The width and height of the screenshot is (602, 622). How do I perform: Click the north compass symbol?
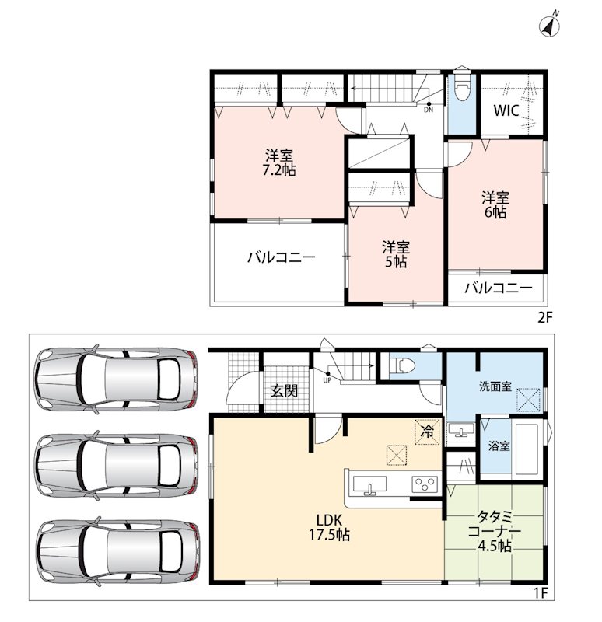[550, 26]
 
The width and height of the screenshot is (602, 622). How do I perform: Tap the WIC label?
[506, 110]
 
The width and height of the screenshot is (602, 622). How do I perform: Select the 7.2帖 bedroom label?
[280, 162]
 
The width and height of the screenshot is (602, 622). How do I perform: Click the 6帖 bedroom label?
[495, 204]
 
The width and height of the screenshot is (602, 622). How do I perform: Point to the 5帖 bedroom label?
[396, 254]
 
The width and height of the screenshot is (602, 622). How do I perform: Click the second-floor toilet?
[462, 85]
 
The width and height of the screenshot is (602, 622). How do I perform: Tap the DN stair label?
[429, 110]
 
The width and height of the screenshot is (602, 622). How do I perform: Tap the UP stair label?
[327, 380]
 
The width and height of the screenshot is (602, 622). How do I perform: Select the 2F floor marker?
[545, 318]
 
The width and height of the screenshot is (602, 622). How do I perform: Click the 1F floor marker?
[540, 593]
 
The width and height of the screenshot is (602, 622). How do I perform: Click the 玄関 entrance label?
[284, 391]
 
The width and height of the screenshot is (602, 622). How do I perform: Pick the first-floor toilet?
[402, 365]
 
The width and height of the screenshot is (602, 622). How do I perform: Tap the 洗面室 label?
[495, 386]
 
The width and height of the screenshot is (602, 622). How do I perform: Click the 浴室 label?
[499, 446]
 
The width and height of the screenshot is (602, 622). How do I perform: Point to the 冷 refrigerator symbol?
[428, 432]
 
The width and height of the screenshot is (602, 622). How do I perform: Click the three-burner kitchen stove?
[425, 484]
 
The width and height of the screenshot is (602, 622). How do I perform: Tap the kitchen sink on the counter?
[370, 485]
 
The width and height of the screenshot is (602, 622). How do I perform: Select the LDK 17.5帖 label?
[329, 528]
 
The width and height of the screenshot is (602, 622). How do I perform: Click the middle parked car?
[117, 464]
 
